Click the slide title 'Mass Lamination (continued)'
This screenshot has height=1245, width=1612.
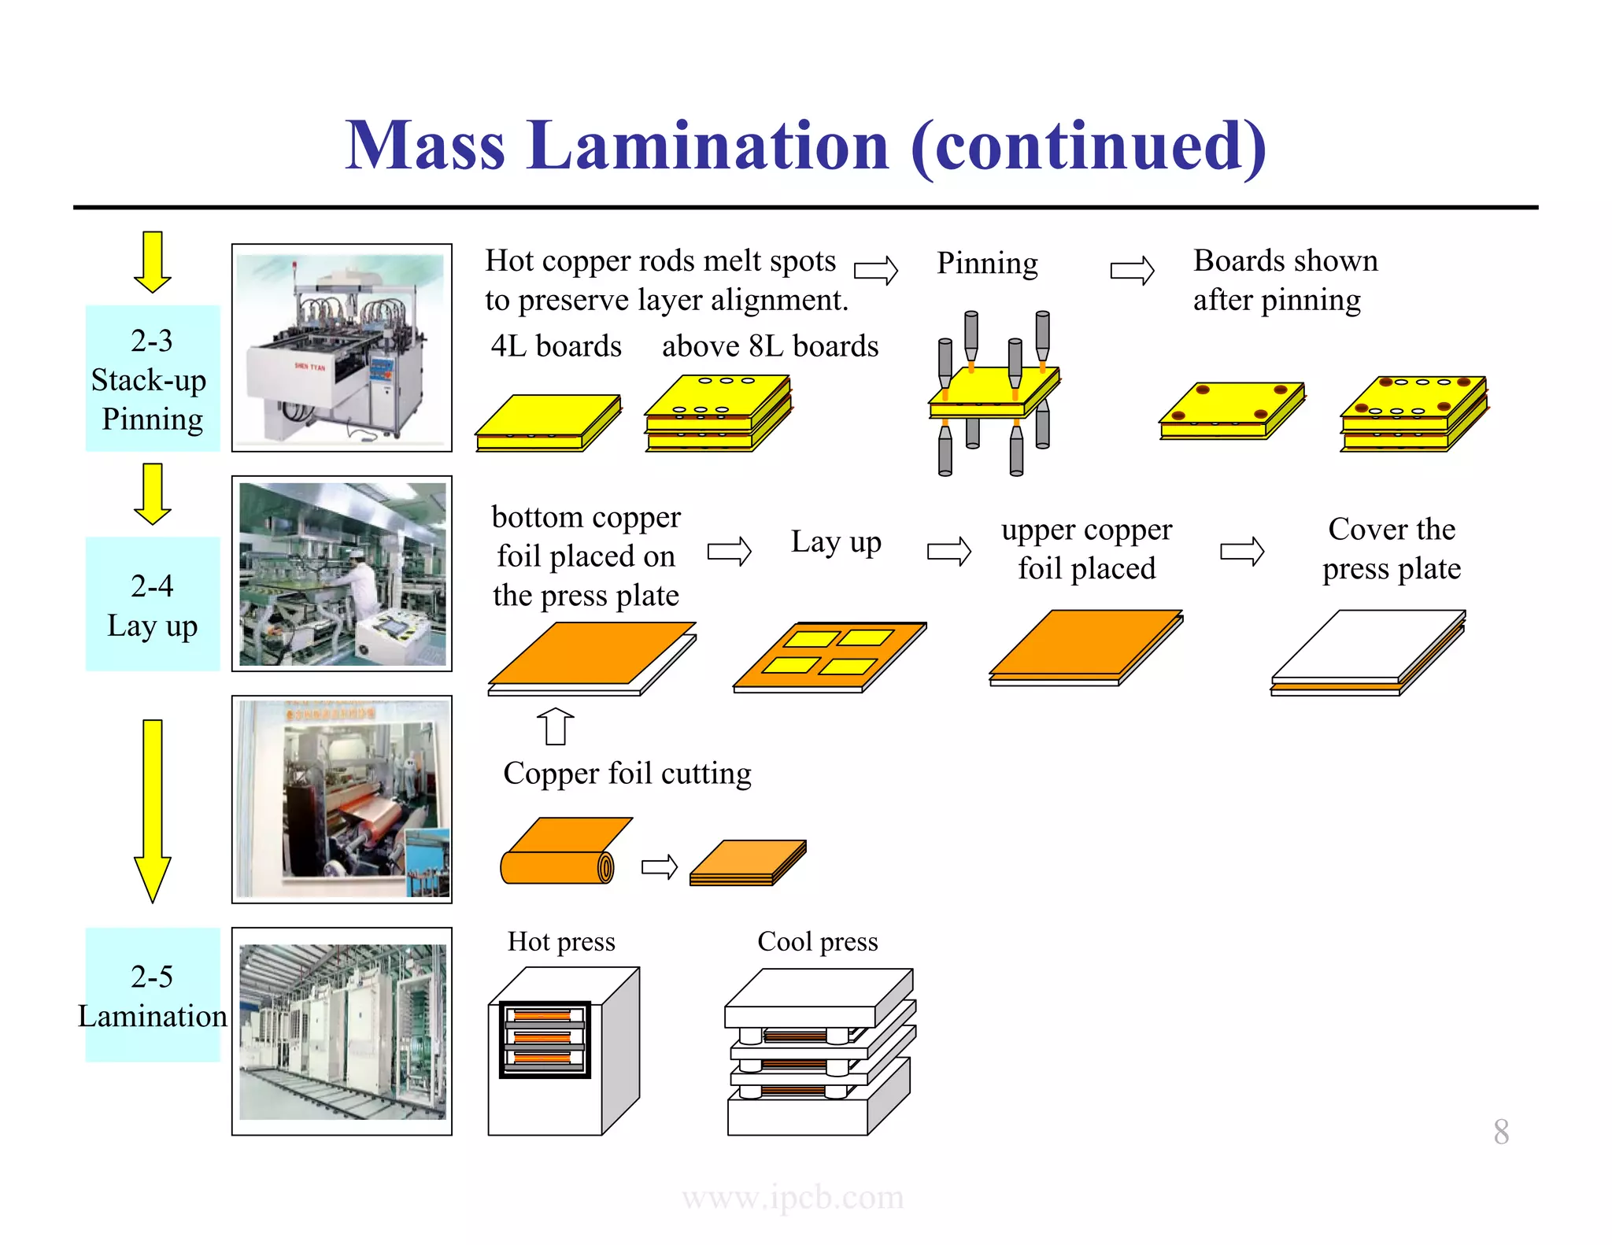point(805,146)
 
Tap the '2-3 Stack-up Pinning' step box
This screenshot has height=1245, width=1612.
point(152,379)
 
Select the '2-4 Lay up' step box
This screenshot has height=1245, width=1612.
point(152,604)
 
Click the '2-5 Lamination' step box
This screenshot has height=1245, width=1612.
point(152,996)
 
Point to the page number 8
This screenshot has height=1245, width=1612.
point(1500,1132)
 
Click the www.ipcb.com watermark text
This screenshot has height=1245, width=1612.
point(793,1197)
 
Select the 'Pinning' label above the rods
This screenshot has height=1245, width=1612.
point(986,264)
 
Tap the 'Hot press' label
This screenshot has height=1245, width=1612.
point(560,941)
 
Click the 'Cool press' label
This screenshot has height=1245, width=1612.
point(817,941)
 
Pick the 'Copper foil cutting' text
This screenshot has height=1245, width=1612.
point(627,774)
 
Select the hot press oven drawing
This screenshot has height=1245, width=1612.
point(563,1051)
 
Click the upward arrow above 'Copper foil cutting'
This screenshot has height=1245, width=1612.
point(555,726)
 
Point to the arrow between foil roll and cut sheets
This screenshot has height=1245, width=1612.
point(659,867)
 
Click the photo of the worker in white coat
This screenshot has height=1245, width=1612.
point(342,574)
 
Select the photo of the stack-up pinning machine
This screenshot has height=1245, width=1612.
point(342,347)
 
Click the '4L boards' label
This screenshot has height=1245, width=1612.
point(556,347)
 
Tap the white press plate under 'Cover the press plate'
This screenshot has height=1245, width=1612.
point(1367,647)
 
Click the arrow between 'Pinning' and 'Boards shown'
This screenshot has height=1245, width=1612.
point(1131,271)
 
